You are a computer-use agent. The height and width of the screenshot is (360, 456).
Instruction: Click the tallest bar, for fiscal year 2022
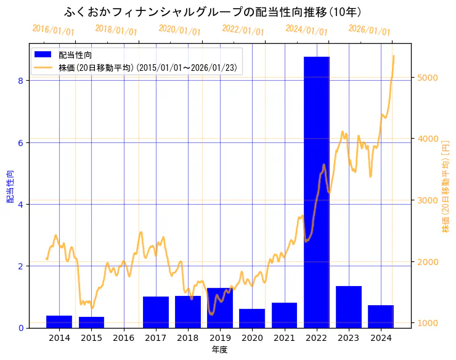pyautogui.click(x=317, y=192)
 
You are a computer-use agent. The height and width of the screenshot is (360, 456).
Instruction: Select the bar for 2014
pyautogui.click(x=59, y=322)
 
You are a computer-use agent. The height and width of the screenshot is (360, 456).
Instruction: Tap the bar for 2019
pyautogui.click(x=220, y=308)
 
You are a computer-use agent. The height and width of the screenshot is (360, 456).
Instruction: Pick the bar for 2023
pyautogui.click(x=349, y=307)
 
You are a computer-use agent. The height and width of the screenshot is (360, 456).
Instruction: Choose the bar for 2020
pyautogui.click(x=252, y=318)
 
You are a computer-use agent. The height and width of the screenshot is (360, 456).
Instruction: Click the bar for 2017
pyautogui.click(x=156, y=312)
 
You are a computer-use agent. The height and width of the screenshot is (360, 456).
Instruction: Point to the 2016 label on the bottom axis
pyautogui.click(x=124, y=337)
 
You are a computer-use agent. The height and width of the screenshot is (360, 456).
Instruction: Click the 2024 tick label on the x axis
pyautogui.click(x=381, y=337)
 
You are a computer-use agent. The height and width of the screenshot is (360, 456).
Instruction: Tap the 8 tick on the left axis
pyautogui.click(x=20, y=81)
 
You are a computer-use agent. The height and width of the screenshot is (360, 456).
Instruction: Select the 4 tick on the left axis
pyautogui.click(x=20, y=204)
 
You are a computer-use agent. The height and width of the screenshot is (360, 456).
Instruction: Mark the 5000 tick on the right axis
pyautogui.click(x=428, y=77)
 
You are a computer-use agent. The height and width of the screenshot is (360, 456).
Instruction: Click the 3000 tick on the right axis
pyautogui.click(x=428, y=200)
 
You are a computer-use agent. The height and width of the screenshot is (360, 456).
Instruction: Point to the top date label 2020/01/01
pyautogui.click(x=179, y=30)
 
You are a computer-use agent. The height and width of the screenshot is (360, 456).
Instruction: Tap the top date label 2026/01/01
pyautogui.click(x=369, y=30)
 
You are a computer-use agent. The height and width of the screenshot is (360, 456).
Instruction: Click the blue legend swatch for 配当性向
pyautogui.click(x=43, y=55)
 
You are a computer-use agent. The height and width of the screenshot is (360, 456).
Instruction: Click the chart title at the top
pyautogui.click(x=213, y=12)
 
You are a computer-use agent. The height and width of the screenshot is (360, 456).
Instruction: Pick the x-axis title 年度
pyautogui.click(x=219, y=350)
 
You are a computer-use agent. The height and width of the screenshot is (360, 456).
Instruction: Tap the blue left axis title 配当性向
pyautogui.click(x=9, y=187)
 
